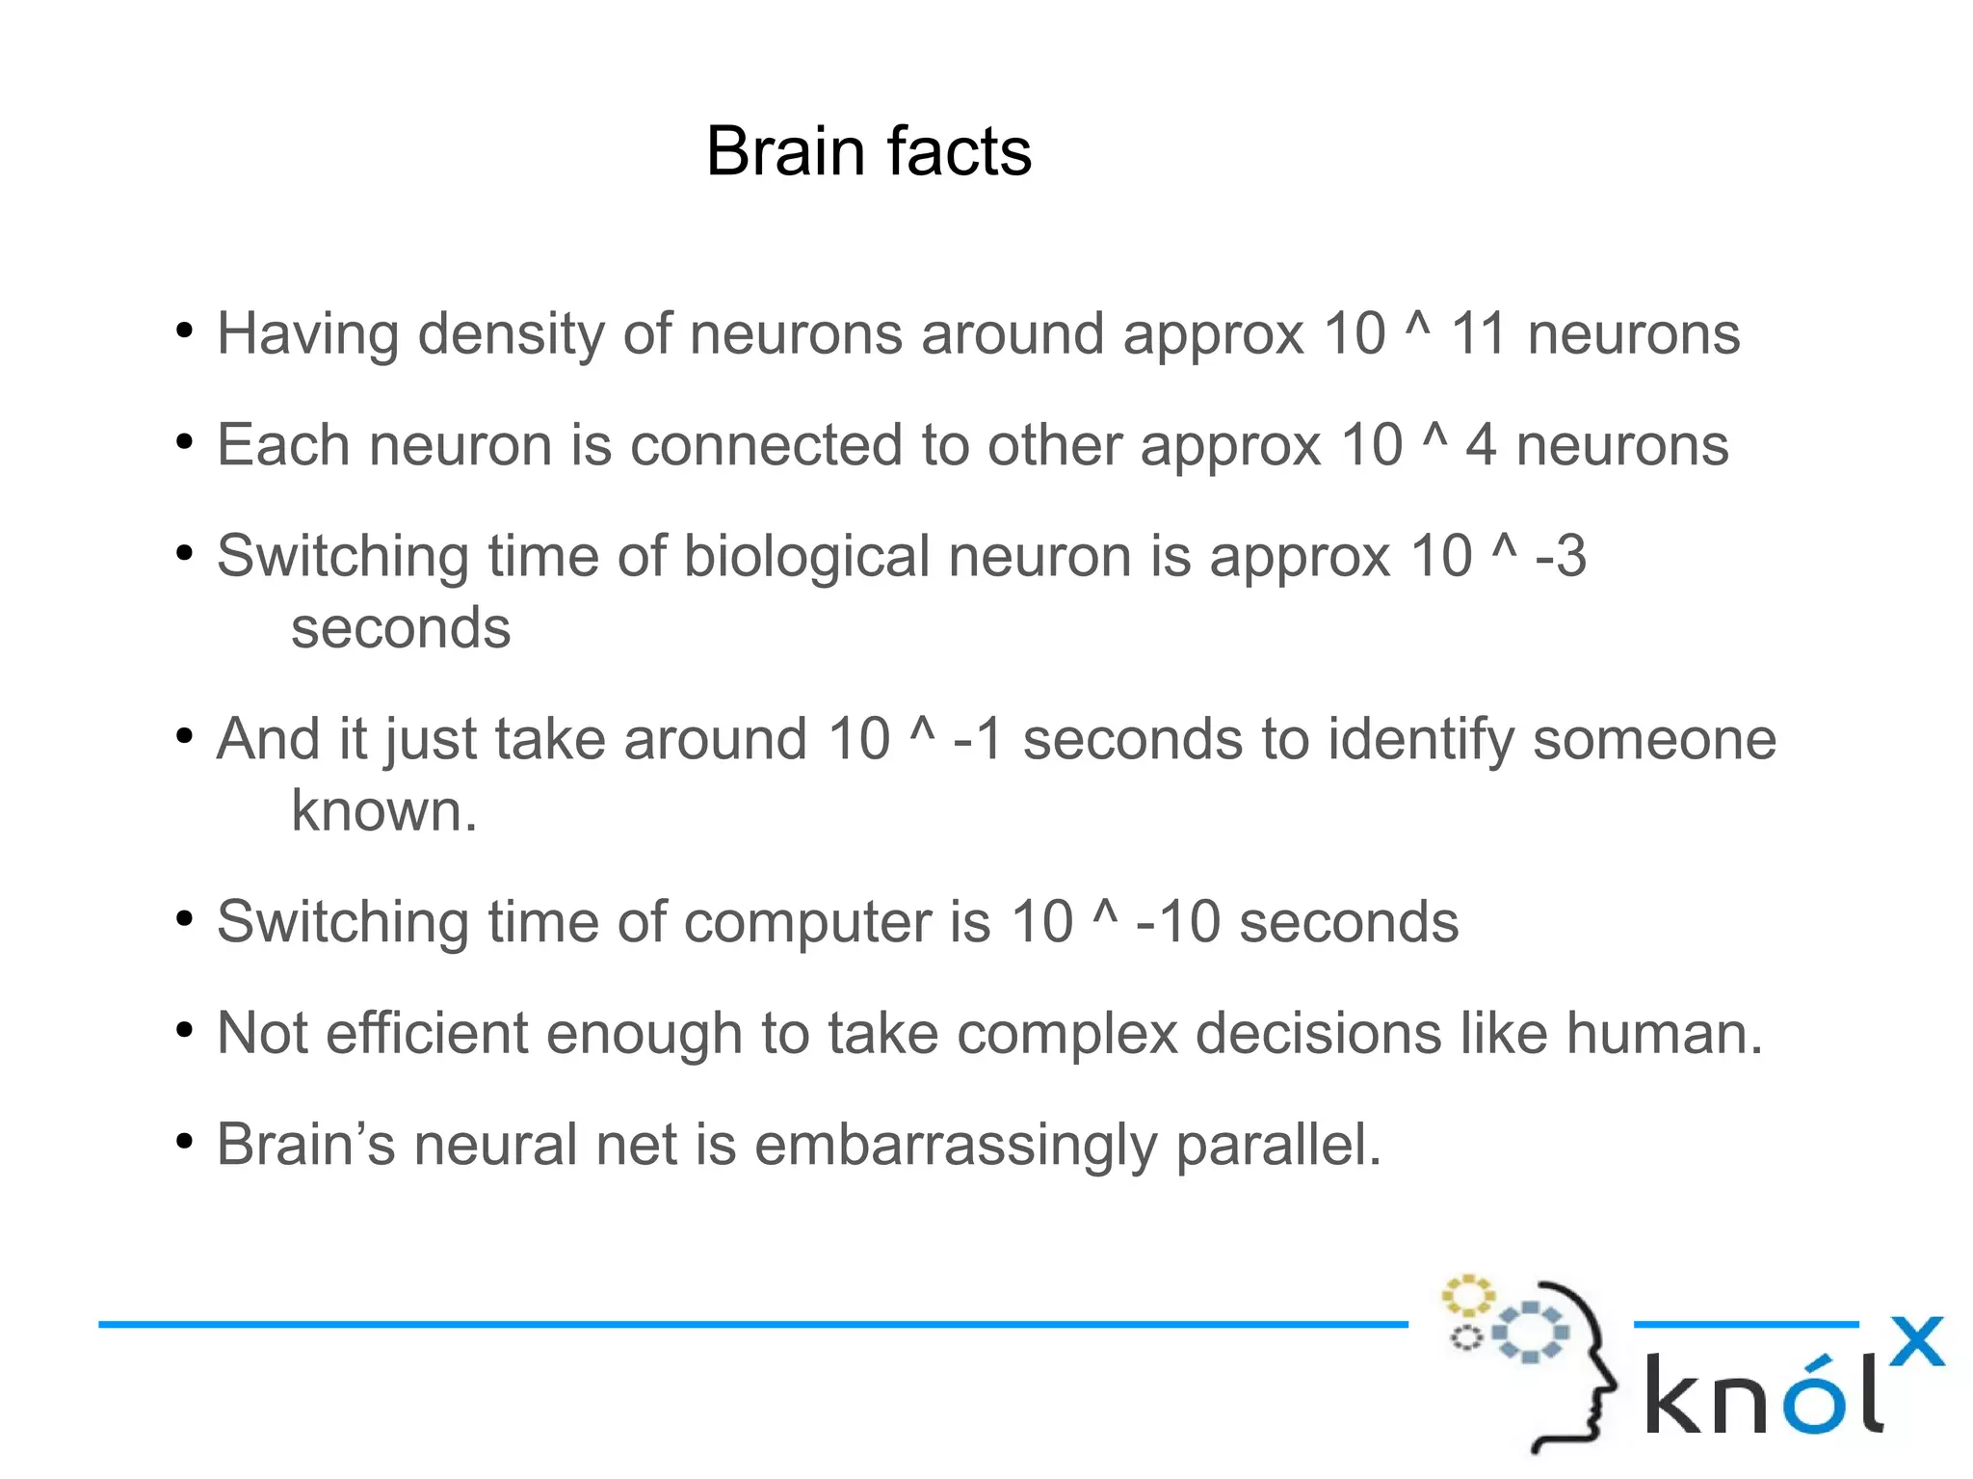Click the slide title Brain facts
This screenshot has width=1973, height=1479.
point(868,151)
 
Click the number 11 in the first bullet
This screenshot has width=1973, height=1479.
point(1478,334)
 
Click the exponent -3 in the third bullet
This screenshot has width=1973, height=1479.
point(1560,556)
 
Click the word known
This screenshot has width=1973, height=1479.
point(382,811)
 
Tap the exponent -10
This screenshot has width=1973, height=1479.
point(1177,922)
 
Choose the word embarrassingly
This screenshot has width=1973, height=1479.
point(955,1145)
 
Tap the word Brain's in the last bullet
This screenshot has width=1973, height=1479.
point(305,1145)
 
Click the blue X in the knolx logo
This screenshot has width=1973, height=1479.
point(1916,1342)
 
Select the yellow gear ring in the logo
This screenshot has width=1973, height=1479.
point(1467,1296)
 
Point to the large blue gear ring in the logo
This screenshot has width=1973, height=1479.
point(1530,1332)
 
